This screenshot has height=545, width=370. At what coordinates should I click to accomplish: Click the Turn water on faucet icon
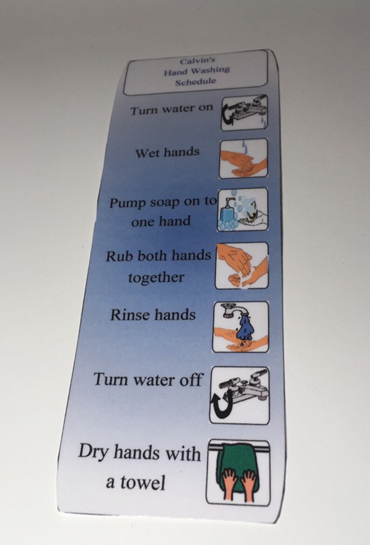tap(244, 113)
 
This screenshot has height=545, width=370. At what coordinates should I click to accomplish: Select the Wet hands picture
tap(243, 158)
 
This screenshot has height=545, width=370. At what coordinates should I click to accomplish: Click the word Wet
tap(144, 152)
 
